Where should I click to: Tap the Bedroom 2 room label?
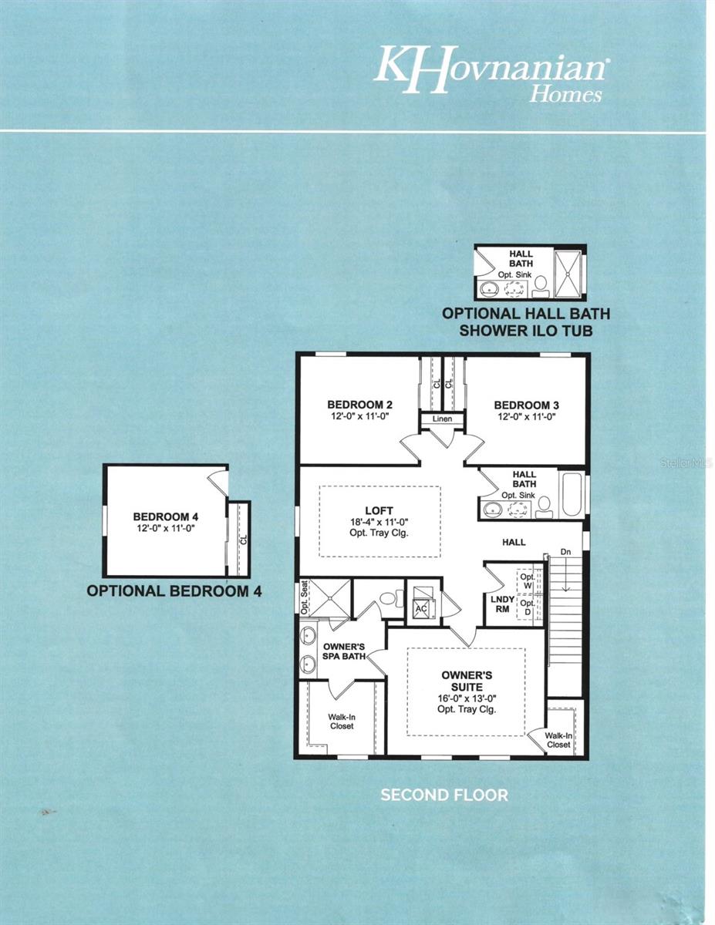tap(360, 405)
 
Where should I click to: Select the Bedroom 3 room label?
tap(527, 405)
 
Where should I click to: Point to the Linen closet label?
tap(442, 419)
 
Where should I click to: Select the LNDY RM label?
tap(502, 604)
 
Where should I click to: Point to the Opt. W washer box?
tap(528, 581)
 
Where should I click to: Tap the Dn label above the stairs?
tap(565, 552)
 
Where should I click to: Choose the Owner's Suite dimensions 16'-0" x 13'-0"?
tap(467, 698)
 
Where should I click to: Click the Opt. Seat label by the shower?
tap(304, 597)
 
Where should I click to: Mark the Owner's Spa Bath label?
tap(344, 651)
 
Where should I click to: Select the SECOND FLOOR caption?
tap(444, 795)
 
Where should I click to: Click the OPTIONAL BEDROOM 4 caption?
tap(174, 590)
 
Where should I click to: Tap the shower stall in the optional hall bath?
tap(567, 273)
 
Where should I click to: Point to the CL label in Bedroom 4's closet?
tap(244, 540)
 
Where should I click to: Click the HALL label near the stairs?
tap(514, 542)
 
